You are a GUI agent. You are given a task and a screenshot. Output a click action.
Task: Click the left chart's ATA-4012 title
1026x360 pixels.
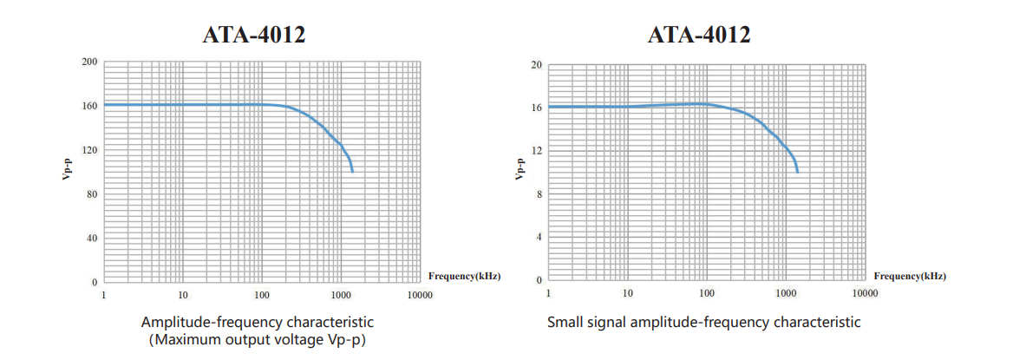254,35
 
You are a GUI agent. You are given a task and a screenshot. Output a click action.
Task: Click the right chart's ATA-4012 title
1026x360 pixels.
699,35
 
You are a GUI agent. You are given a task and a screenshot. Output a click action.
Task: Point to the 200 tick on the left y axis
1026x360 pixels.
90,62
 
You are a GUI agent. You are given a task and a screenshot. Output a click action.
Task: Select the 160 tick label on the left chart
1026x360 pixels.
90,106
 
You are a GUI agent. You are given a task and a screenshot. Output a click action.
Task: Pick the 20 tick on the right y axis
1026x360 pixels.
537,65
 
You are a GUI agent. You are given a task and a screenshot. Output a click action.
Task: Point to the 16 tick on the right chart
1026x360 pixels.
537,108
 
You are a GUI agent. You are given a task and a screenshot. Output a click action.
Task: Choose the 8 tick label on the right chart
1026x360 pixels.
539,194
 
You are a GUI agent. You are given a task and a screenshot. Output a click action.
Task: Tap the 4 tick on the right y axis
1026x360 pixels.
539,237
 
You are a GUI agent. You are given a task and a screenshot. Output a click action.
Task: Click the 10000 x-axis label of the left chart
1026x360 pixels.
420,296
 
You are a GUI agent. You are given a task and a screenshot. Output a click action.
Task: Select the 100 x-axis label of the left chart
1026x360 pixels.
261,296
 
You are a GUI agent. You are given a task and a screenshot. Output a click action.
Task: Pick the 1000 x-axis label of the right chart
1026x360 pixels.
786,294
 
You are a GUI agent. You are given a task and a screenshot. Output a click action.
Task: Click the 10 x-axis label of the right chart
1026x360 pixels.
628,294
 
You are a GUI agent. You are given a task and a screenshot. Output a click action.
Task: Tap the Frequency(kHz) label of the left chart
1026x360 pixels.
464,276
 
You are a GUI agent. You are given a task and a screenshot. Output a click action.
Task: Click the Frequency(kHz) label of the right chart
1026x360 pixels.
910,276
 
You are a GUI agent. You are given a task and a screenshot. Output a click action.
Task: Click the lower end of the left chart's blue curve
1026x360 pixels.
352,172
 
